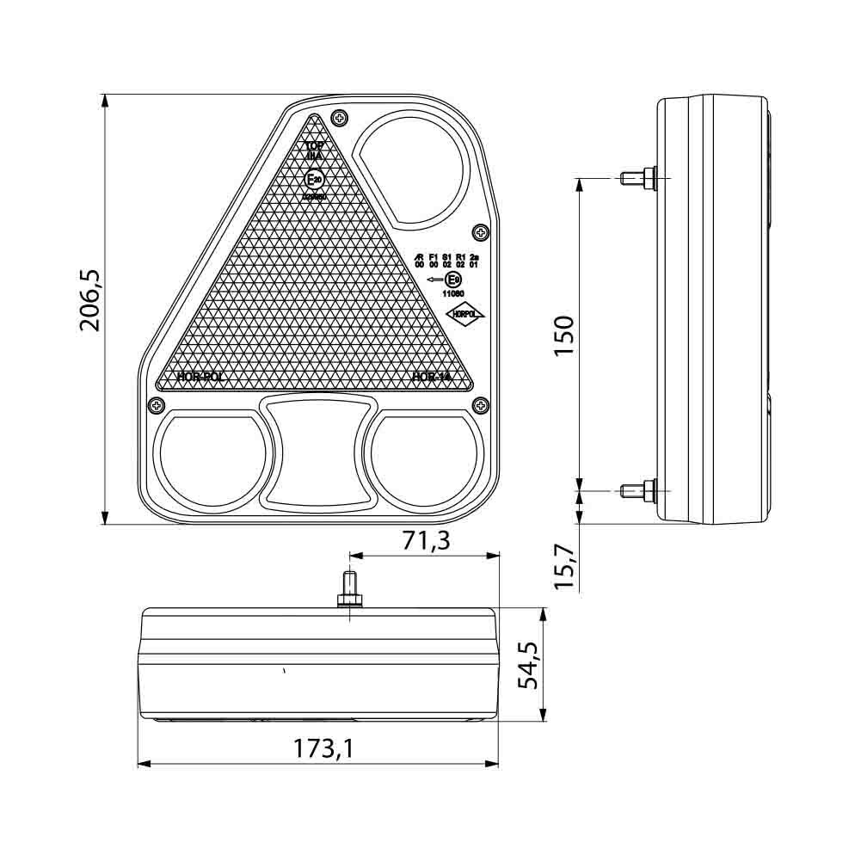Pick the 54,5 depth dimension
point(528,665)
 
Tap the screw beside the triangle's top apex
point(341,118)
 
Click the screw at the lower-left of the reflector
point(156,403)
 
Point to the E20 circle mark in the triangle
point(315,180)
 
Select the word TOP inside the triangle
point(315,146)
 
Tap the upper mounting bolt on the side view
point(637,178)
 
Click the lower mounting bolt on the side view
point(637,490)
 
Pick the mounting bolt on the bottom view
point(350,589)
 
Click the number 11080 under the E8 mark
point(452,293)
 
